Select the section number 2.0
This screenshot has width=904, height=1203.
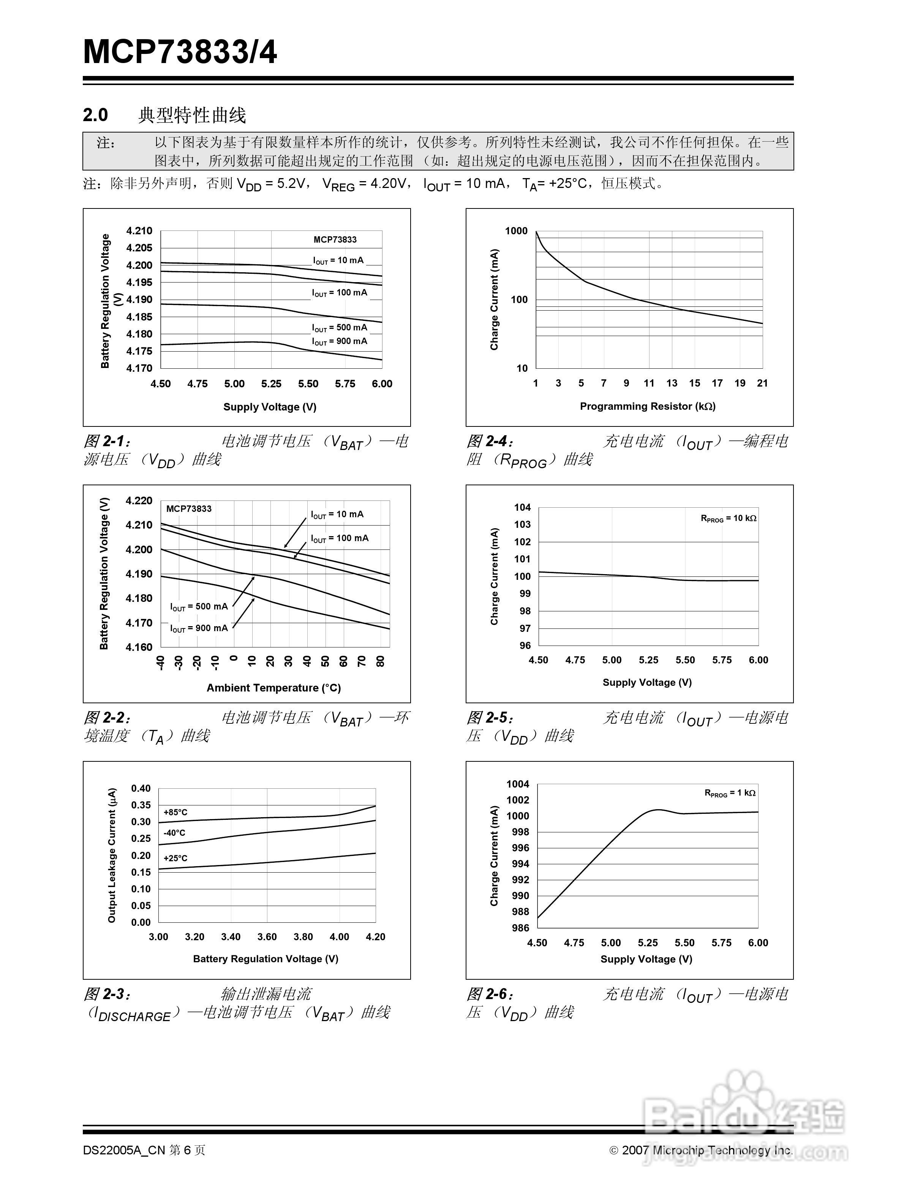tap(95, 115)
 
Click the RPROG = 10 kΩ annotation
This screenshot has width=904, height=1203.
tap(728, 518)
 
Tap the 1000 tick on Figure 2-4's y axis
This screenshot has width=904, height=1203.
tap(516, 231)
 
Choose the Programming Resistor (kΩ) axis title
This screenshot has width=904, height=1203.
tap(647, 406)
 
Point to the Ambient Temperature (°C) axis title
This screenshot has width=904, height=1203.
tap(273, 688)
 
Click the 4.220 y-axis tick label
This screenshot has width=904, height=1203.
tap(139, 501)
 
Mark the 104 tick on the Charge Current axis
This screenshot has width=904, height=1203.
tap(522, 507)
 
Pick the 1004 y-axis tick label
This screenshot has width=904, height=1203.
tap(518, 784)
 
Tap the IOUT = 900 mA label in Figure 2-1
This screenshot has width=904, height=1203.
tap(340, 341)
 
